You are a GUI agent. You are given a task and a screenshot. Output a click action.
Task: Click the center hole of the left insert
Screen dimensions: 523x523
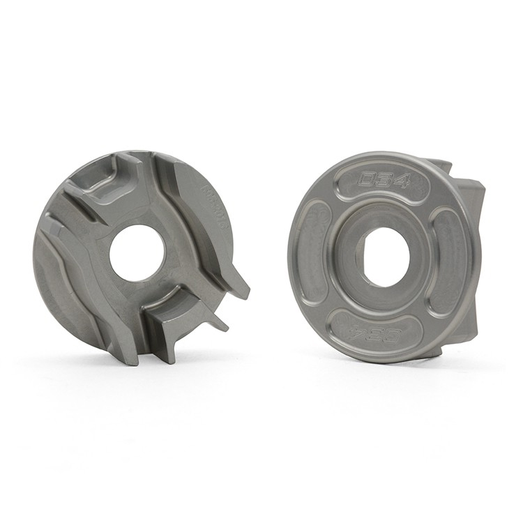point(137,252)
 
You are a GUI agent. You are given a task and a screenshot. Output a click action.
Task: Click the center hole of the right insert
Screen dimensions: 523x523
point(384,257)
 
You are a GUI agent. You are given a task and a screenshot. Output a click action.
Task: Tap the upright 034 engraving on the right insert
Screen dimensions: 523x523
point(384,181)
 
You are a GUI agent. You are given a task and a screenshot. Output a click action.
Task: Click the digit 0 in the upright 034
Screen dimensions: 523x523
point(366,181)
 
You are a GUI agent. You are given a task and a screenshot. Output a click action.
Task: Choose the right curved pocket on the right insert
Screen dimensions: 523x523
point(448,261)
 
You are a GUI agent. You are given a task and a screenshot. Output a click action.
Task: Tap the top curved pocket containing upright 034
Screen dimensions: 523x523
point(384,183)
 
